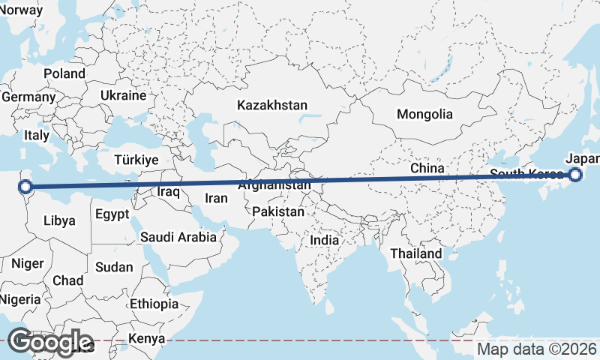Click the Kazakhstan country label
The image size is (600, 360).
pos(271,105)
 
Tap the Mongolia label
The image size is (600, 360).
pos(425,114)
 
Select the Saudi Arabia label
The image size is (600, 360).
pos(178,237)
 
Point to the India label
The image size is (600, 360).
pos(324,240)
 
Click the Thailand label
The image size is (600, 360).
pos(416,253)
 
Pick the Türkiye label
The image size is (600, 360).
pos(136,160)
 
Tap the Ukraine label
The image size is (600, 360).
pos(123,96)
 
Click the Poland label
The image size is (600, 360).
pos(64,73)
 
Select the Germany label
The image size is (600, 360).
pos(28,97)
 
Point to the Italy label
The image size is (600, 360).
pos(36,136)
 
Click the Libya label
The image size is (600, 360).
pos(59,220)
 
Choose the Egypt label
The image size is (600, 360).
pos(113,214)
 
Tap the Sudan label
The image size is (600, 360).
pos(115,267)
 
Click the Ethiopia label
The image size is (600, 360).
pos(154,304)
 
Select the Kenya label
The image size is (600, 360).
pos(146,338)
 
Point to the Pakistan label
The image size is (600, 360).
pos(278,211)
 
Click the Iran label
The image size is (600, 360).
pos(216,199)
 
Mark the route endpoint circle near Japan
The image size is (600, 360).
pos(575,175)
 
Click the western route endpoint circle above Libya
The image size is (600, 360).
pos(25,186)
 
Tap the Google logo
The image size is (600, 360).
pos(49,342)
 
